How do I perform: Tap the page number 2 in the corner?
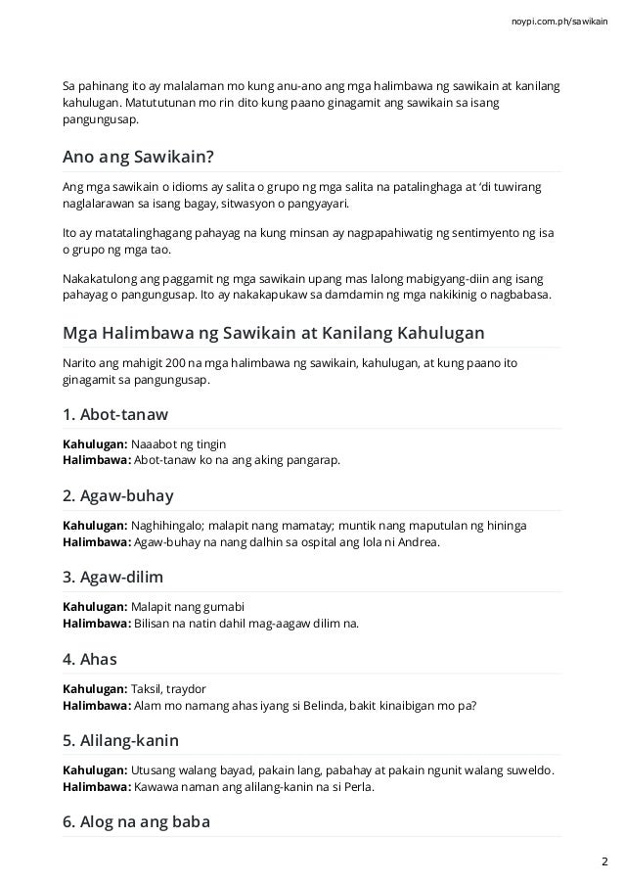tap(603, 861)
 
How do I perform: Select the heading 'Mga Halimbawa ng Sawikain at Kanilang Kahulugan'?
tap(273, 333)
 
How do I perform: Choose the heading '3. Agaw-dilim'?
tap(113, 578)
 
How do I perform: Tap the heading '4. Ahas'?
tap(89, 659)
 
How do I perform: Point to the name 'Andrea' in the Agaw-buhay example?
tap(420, 540)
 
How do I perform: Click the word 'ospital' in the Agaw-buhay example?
tap(328, 540)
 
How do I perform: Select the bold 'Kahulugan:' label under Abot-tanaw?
tap(94, 444)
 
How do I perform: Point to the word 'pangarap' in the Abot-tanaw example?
tap(315, 459)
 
